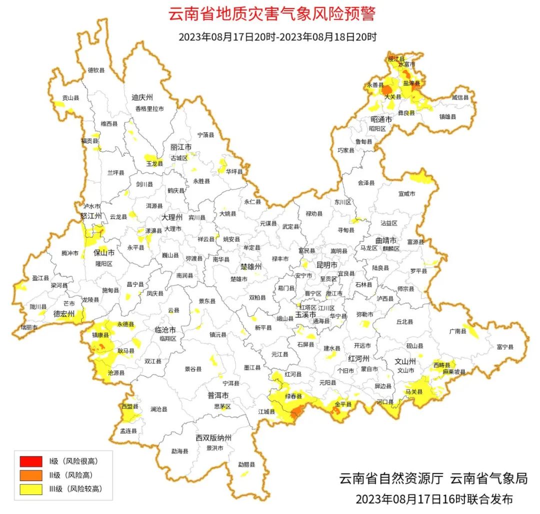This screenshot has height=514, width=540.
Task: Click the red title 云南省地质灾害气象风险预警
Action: tap(271, 14)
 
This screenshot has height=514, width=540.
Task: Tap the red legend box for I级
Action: tap(31, 460)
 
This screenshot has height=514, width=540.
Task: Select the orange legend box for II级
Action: tap(31, 475)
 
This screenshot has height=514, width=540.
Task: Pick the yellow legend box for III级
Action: tap(31, 489)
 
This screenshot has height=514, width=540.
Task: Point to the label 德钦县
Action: tap(96, 70)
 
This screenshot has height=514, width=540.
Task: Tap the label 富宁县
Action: tap(505, 346)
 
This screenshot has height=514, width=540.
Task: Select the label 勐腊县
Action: tap(246, 464)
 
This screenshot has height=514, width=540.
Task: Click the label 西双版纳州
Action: tap(213, 438)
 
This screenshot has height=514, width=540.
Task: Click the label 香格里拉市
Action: tap(149, 108)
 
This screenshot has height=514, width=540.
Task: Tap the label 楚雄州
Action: tap(250, 266)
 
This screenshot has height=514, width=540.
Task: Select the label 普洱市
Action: tap(218, 395)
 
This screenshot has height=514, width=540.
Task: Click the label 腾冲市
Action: tap(70, 253)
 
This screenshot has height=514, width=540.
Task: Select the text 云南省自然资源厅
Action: tap(391, 478)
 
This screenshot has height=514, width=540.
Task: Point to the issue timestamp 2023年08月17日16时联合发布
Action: tap(434, 498)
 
